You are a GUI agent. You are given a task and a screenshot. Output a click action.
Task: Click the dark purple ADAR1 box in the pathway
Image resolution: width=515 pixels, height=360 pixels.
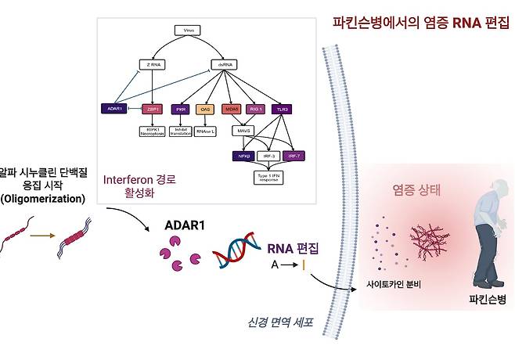(x=114, y=108)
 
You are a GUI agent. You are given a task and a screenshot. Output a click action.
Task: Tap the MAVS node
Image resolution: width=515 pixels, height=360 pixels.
(x=244, y=130)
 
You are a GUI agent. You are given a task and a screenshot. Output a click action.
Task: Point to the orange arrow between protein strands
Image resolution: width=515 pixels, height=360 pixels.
(x=40, y=235)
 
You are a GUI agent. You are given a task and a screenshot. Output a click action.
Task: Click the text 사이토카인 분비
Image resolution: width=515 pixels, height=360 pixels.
(x=394, y=283)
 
